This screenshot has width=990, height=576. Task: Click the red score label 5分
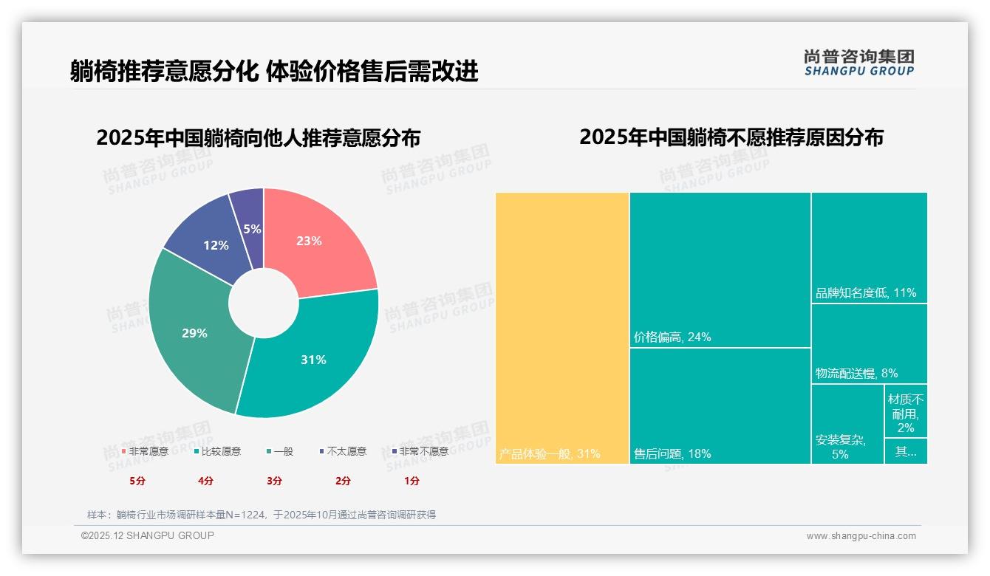(x=137, y=481)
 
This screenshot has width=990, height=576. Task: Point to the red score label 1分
(x=412, y=481)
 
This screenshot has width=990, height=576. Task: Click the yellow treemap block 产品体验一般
(x=561, y=325)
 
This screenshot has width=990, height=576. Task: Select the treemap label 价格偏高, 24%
(x=672, y=337)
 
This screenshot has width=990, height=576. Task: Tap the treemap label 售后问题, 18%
(x=672, y=454)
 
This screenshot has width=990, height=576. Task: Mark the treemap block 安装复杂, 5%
(x=847, y=428)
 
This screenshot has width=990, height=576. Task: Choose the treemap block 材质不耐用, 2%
(x=906, y=413)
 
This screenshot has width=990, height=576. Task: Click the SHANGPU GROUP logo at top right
(x=859, y=63)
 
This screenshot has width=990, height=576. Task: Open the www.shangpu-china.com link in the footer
(x=861, y=536)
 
